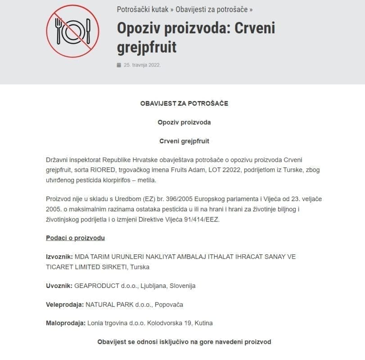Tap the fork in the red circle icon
tap(59, 30)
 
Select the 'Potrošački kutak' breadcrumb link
tap(143, 9)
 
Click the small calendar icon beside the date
tap(119, 65)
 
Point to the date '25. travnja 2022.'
tap(142, 65)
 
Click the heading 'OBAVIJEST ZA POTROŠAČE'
tap(184, 103)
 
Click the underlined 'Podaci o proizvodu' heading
tap(75, 238)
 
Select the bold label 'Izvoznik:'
tap(59, 256)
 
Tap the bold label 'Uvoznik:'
tap(59, 286)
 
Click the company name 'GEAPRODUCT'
tap(96, 286)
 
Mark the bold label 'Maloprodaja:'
tap(66, 323)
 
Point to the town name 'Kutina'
tap(203, 323)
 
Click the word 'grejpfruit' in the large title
tap(147, 47)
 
